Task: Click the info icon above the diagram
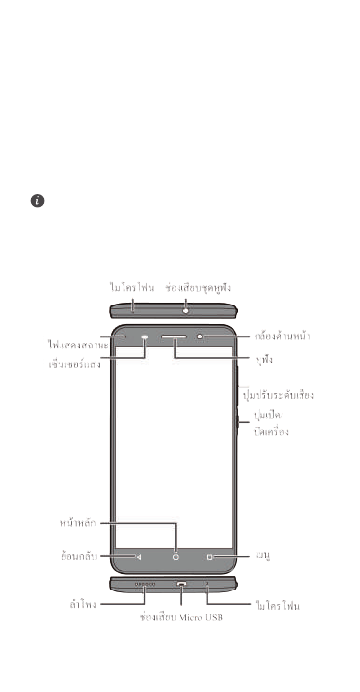37,200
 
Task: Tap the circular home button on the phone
177,557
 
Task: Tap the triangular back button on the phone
140,557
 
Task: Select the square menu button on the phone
210,557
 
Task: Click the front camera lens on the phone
201,337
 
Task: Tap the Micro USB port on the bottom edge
181,586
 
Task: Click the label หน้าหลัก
78,522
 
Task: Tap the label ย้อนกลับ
77,557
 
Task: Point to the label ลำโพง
74,606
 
